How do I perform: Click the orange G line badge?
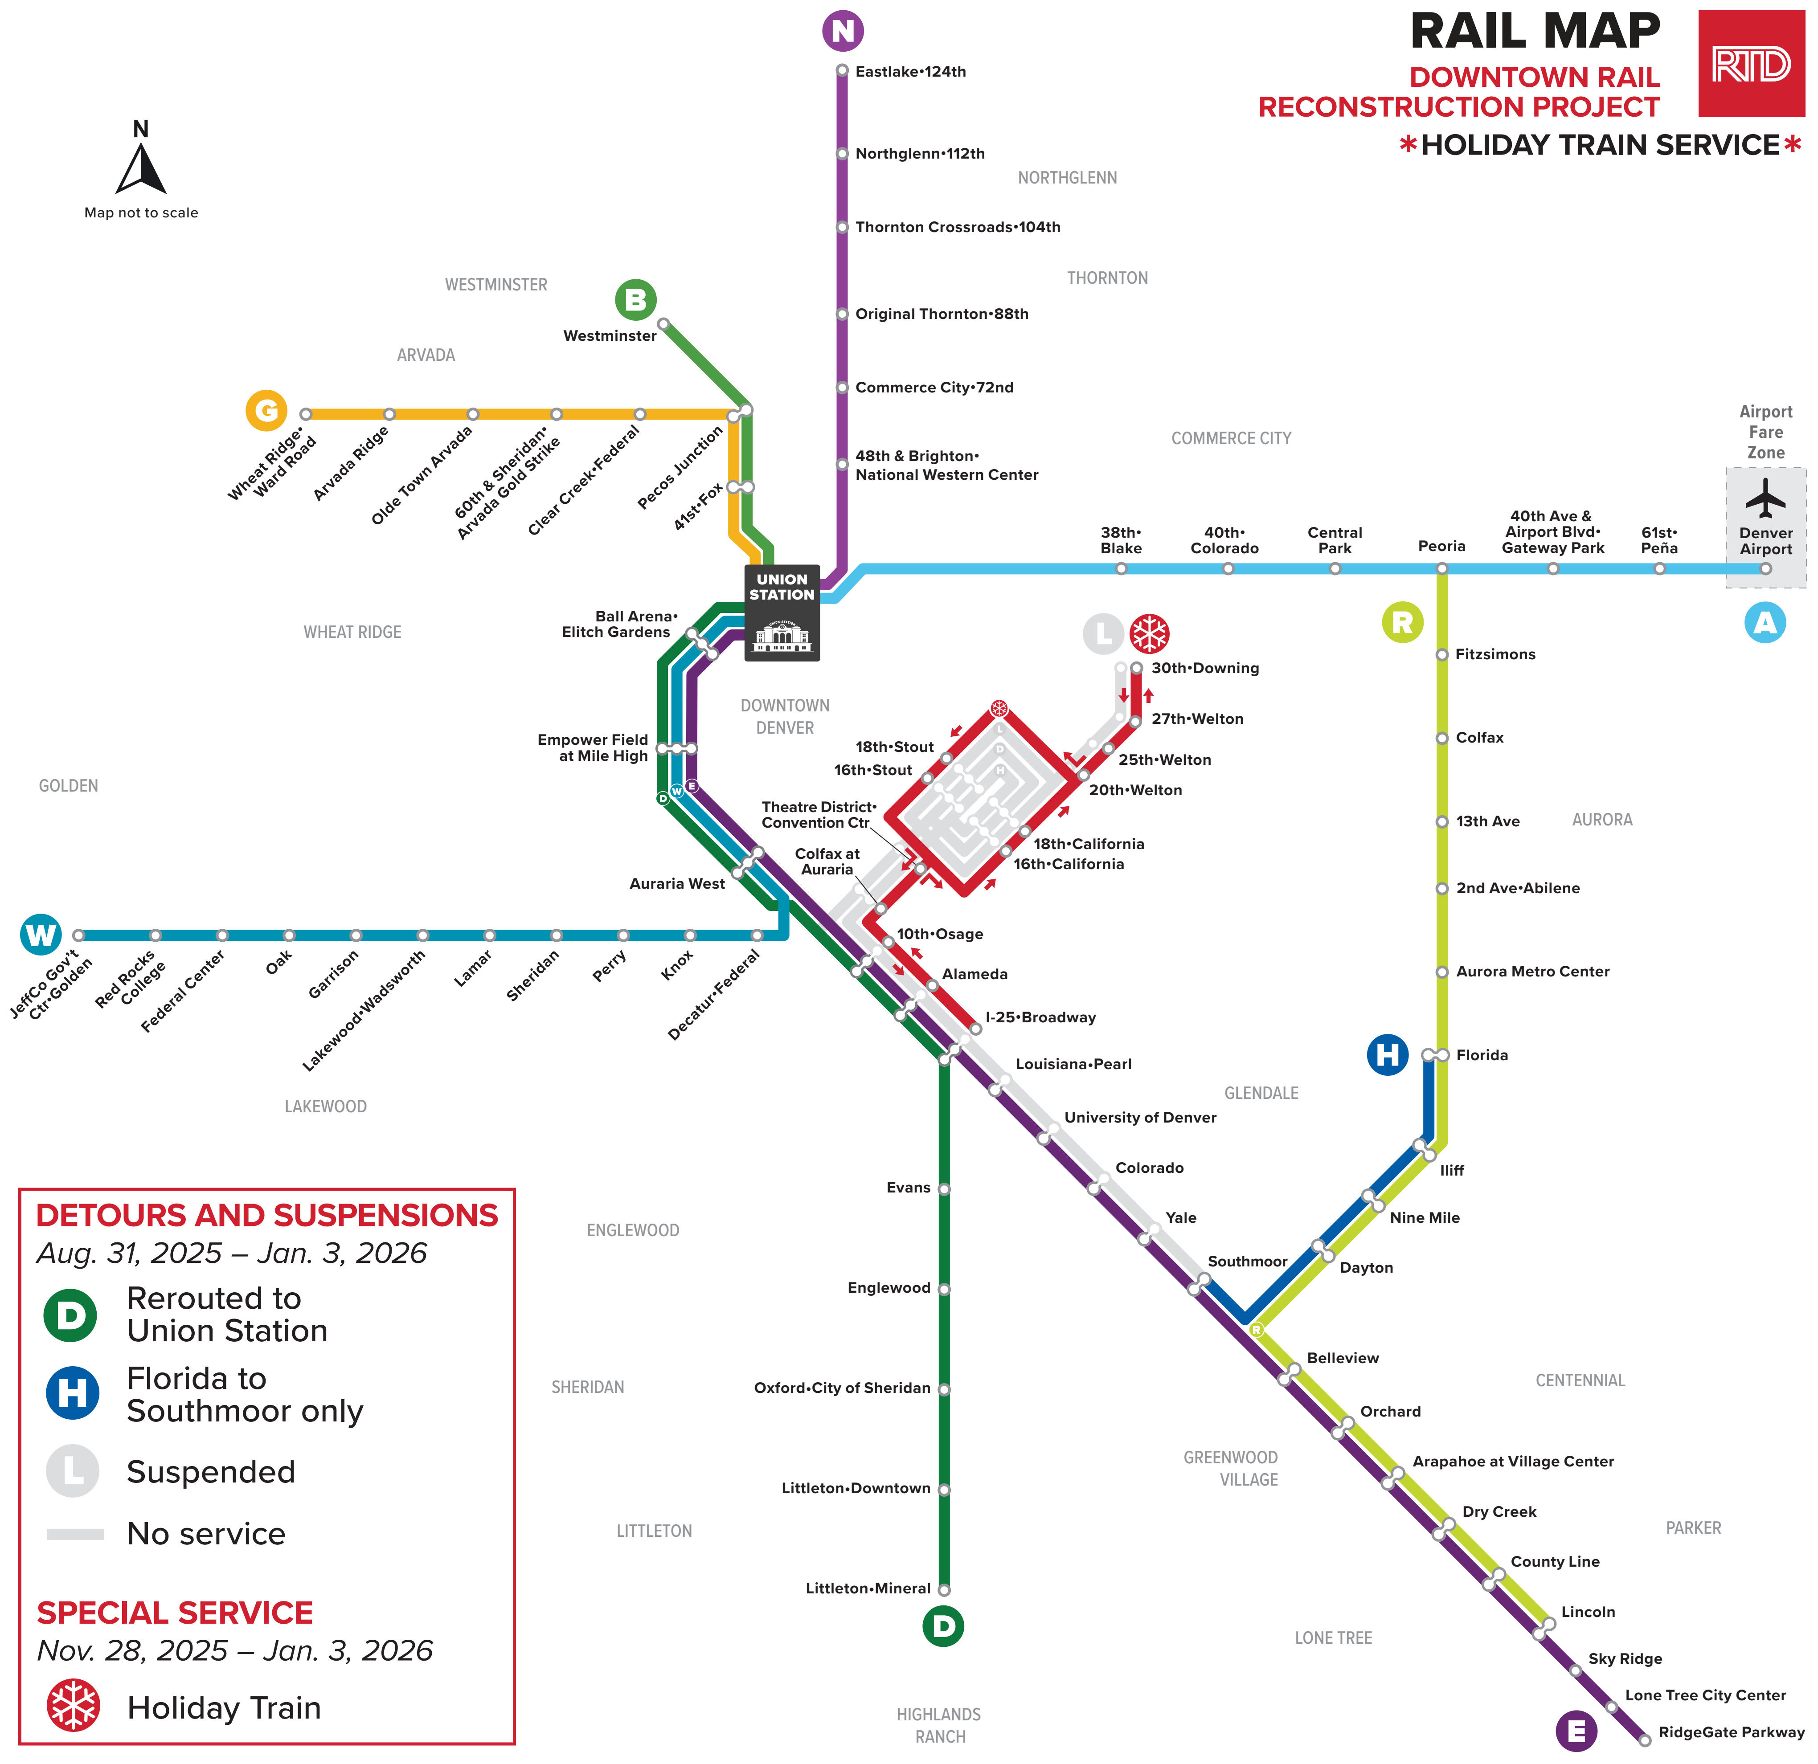pyautogui.click(x=266, y=410)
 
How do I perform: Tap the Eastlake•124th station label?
pyautogui.click(x=911, y=71)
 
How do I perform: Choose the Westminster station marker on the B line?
pyautogui.click(x=663, y=324)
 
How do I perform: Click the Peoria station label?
pyautogui.click(x=1441, y=546)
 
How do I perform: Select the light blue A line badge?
pyautogui.click(x=1765, y=622)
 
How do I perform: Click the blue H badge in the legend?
pyautogui.click(x=72, y=1393)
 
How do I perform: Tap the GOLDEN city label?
pyautogui.click(x=69, y=785)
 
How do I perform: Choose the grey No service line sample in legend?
pyautogui.click(x=75, y=1534)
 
